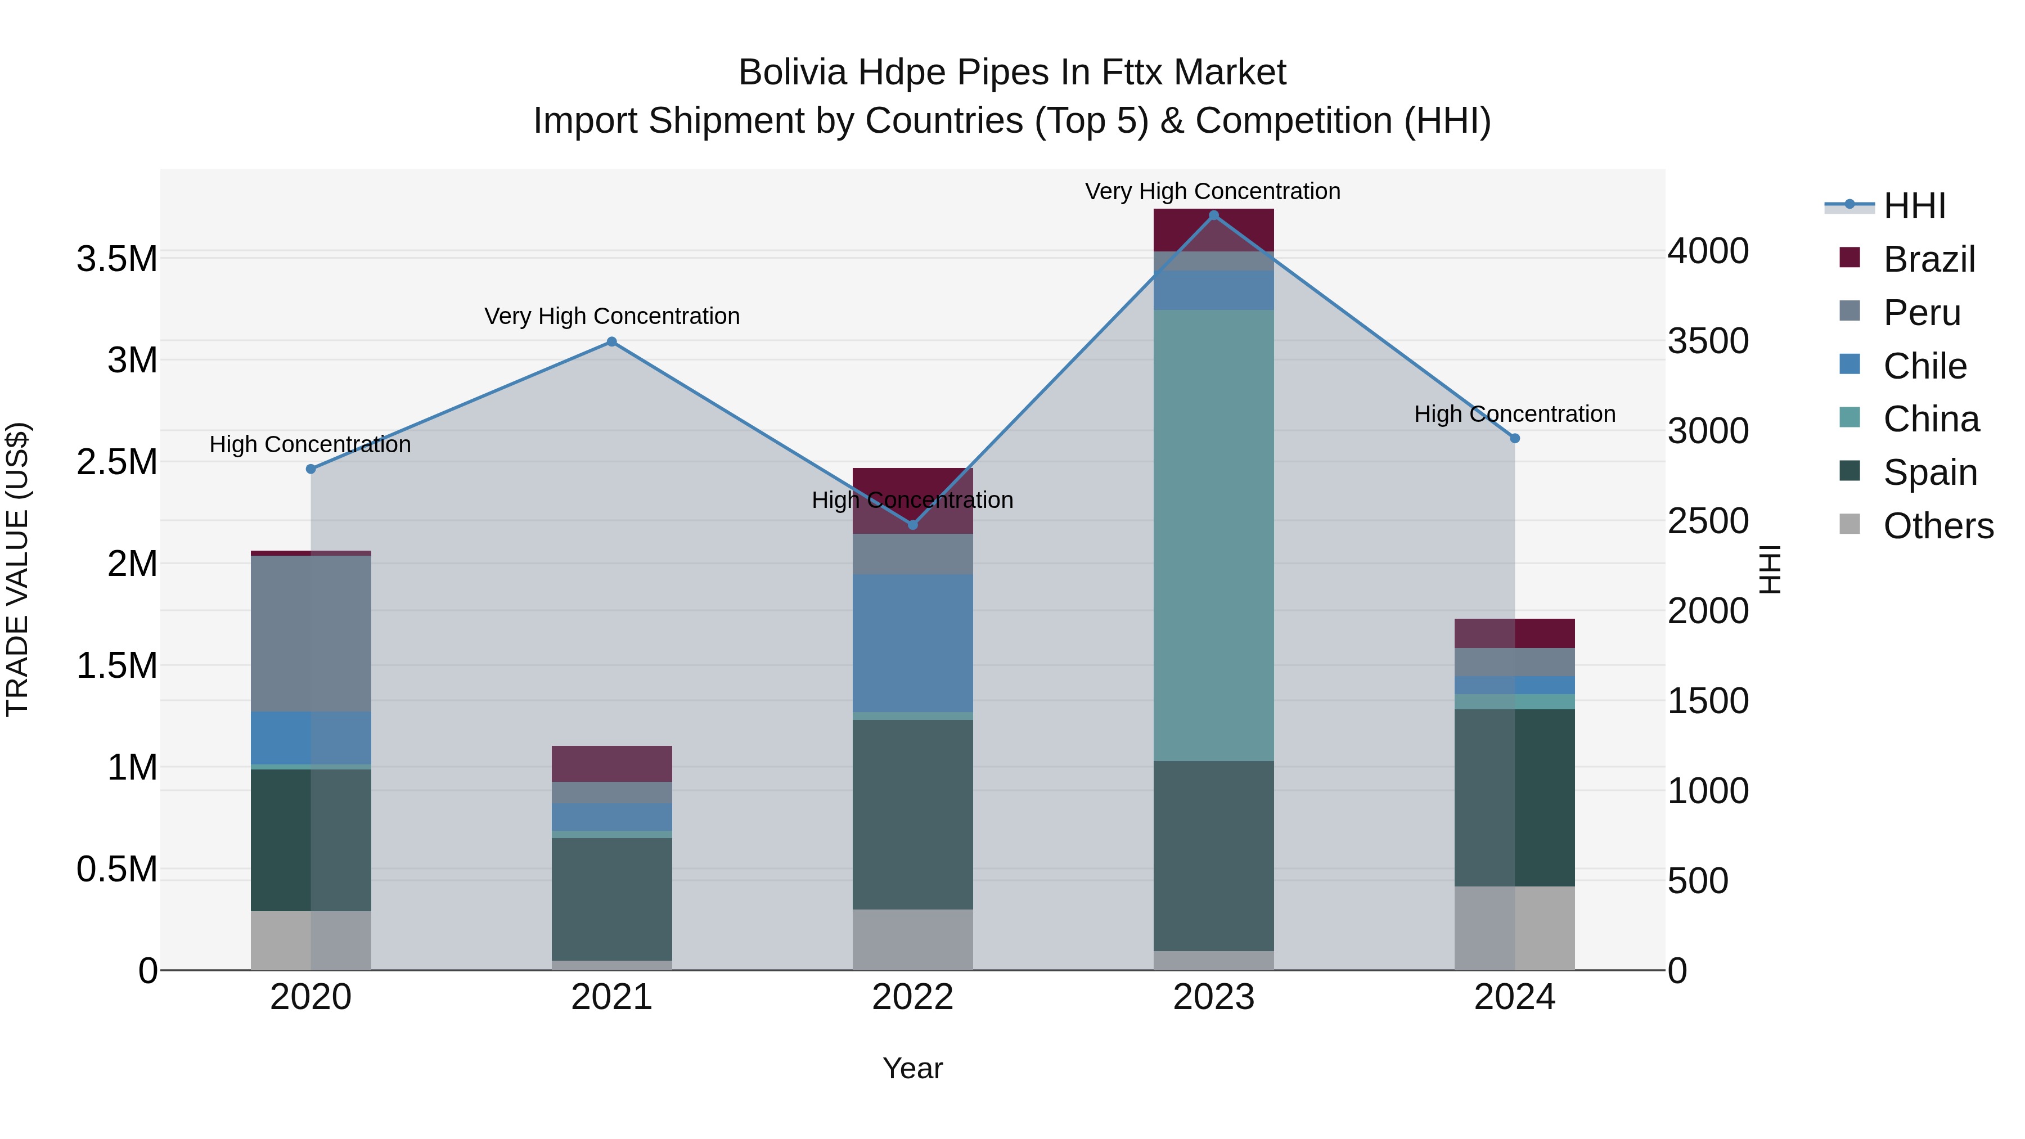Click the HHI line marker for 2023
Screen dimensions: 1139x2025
[1213, 215]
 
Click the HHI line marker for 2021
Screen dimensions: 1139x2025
[611, 342]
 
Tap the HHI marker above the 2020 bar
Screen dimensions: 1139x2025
[310, 469]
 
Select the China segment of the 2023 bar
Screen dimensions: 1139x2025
[1213, 534]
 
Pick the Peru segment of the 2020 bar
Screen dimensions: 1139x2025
[310, 633]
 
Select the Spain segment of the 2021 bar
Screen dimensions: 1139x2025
[611, 898]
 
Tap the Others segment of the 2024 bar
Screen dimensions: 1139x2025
[1514, 928]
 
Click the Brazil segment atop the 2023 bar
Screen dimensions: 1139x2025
[1213, 229]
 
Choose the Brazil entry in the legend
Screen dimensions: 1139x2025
[1928, 259]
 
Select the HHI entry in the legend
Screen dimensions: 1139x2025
[1914, 206]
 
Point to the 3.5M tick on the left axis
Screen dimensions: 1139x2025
[116, 259]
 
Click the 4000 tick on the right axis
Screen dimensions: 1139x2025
[1707, 251]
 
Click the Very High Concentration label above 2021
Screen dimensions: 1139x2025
[611, 316]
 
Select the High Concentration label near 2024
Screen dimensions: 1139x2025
[1514, 414]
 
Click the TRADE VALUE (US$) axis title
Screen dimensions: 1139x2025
[17, 569]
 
